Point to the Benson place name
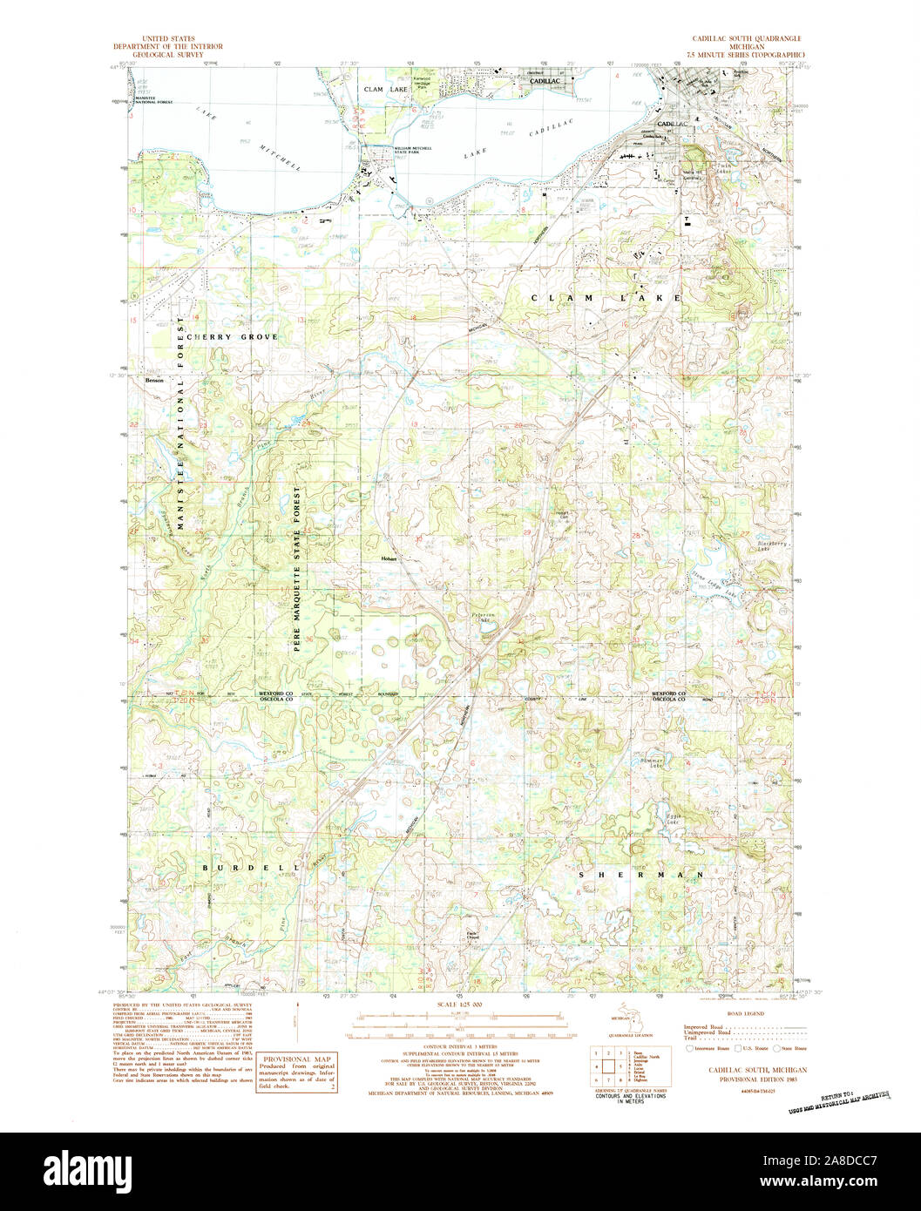[154, 380]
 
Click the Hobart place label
[389, 558]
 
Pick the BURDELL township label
[252, 868]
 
